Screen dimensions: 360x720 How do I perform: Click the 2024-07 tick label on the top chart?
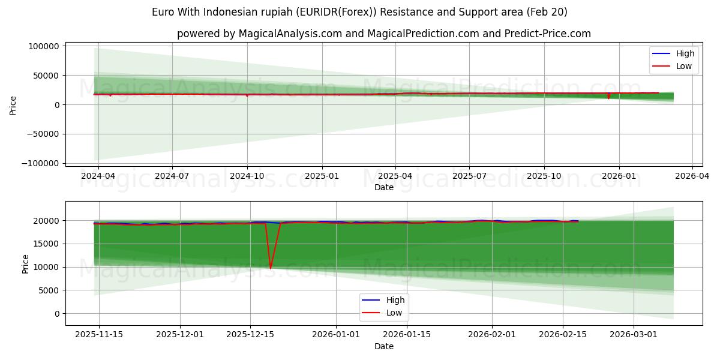[x=172, y=176]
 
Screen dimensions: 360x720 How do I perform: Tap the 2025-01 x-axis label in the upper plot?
[x=322, y=176]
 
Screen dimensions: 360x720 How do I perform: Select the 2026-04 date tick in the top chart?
[x=692, y=176]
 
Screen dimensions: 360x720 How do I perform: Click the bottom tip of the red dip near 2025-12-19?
[x=271, y=268]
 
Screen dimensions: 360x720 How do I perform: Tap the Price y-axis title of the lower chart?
[x=25, y=263]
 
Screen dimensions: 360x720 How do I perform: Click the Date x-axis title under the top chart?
[x=384, y=187]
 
